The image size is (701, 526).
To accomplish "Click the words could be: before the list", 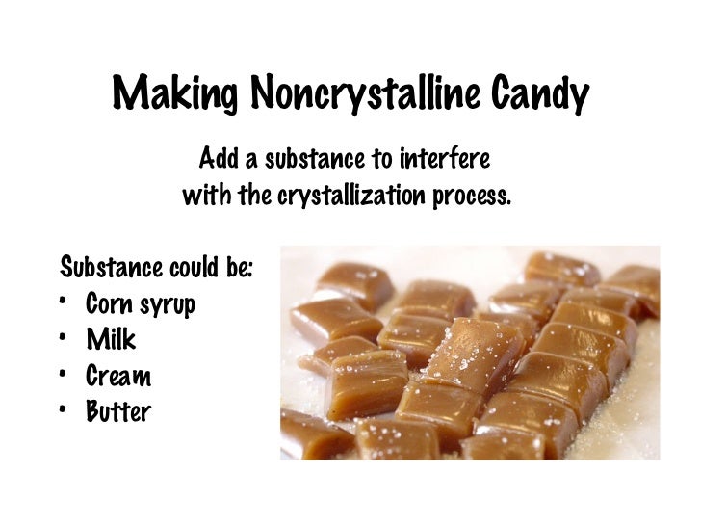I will click(x=213, y=264).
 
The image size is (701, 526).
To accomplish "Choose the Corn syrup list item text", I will click(x=141, y=305).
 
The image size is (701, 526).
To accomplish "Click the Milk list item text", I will click(x=111, y=340).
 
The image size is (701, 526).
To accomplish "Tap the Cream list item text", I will click(x=117, y=376).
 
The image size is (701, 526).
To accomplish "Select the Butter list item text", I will click(x=118, y=412).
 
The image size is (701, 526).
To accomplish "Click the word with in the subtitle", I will click(x=204, y=197).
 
